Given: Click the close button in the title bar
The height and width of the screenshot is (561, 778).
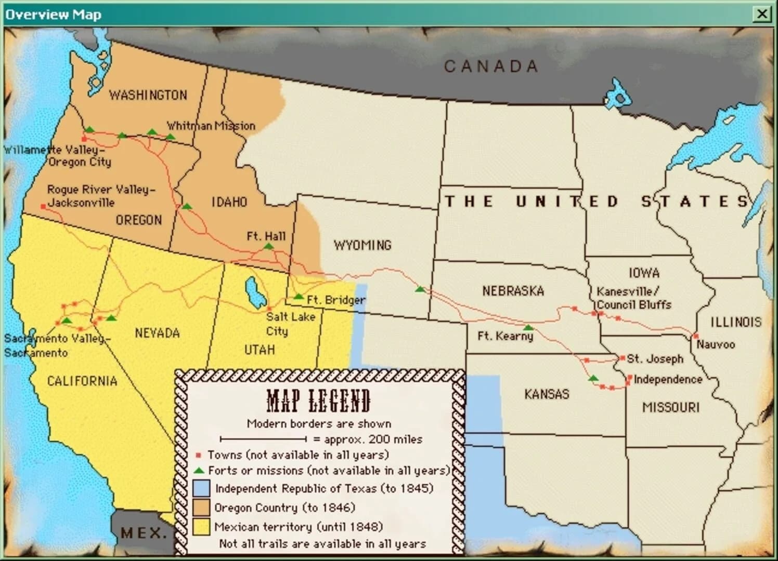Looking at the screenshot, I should [x=762, y=14].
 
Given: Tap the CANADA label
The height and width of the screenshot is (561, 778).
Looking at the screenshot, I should [x=490, y=66].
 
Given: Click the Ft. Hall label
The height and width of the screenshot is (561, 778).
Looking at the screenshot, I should [x=266, y=236].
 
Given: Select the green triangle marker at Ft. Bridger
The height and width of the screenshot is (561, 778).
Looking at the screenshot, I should [x=299, y=297].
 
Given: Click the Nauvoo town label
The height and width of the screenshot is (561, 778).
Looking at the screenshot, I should [x=716, y=344].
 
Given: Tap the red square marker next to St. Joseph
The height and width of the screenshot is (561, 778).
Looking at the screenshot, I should [x=622, y=358].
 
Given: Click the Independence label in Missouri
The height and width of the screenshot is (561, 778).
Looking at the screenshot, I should [x=668, y=379].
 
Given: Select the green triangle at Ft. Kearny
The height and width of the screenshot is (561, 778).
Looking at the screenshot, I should [x=528, y=328].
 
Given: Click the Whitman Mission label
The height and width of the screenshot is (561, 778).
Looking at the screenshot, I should [x=211, y=126].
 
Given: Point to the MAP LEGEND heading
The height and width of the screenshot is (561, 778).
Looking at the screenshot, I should [x=318, y=400].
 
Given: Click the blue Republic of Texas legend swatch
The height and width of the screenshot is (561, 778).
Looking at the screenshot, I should [x=201, y=488].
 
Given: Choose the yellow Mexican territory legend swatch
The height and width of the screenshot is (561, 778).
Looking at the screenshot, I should [x=201, y=527].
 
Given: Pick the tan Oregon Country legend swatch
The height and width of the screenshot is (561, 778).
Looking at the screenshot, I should [x=201, y=507].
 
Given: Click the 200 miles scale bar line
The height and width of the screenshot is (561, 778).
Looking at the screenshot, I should [x=263, y=439].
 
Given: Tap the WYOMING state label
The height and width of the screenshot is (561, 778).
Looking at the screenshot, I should [x=362, y=245].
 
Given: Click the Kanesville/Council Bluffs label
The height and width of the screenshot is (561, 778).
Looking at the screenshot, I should [x=633, y=298].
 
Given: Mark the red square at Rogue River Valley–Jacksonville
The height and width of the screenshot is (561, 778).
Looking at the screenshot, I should [x=43, y=207].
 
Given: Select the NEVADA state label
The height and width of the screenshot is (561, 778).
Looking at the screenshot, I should [x=157, y=333].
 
